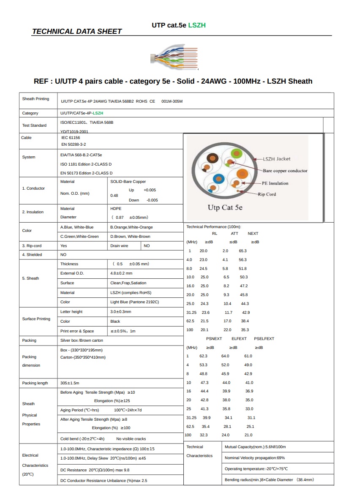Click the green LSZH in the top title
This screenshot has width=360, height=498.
[197, 25]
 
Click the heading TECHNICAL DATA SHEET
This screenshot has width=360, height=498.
[77, 31]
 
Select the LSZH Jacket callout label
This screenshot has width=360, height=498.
[276, 159]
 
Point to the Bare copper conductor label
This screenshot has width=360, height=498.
[285, 171]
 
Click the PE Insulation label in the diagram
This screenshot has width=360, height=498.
[275, 183]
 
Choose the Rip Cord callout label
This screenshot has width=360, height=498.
[267, 194]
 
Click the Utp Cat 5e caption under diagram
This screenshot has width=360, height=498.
[225, 208]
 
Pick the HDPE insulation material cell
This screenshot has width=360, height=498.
[116, 209]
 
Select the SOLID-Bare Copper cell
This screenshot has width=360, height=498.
[128, 182]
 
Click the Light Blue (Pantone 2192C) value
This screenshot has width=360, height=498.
[134, 302]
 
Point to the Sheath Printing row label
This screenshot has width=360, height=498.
[35, 99]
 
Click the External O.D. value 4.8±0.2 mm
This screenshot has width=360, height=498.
[121, 273]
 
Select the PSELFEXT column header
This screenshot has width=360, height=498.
[264, 339]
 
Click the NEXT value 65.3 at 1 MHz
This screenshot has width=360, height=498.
[243, 251]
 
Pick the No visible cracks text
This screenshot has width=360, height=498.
[131, 439]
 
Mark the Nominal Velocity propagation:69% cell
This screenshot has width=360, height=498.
[255, 458]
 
